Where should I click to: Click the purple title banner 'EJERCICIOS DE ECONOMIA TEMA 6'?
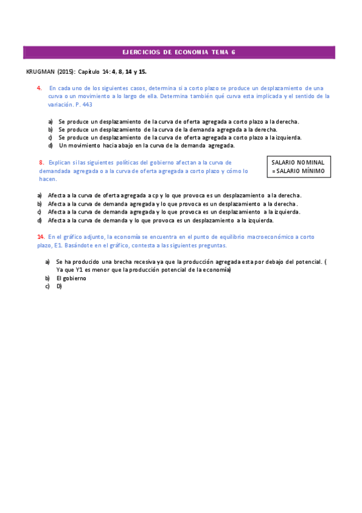click(179, 53)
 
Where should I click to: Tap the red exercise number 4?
click(39, 88)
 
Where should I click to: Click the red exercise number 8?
click(41, 162)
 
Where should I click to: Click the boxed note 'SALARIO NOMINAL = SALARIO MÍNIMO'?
click(298, 167)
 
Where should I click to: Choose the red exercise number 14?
click(40, 237)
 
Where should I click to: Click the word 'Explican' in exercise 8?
click(60, 162)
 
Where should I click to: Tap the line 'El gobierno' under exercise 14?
click(71, 278)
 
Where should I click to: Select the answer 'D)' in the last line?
click(59, 286)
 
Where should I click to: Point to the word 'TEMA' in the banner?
click(219, 53)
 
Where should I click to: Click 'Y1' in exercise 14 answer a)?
click(79, 270)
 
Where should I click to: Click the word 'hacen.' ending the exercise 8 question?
click(48, 179)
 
